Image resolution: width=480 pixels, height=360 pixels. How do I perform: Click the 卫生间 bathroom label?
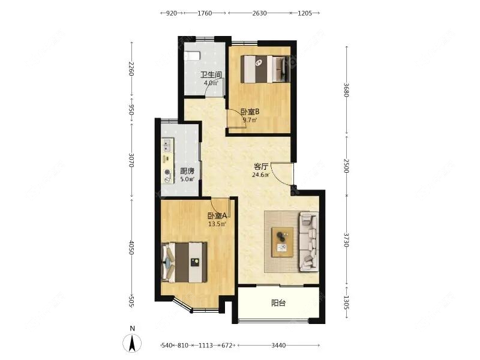pyautogui.click(x=211, y=75)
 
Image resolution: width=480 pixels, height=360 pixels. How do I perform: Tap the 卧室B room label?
pyautogui.click(x=250, y=112)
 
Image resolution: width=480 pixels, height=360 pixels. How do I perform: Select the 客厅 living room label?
pyautogui.click(x=260, y=167)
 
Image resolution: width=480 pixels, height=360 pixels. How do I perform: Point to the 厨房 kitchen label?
pyautogui.click(x=187, y=170)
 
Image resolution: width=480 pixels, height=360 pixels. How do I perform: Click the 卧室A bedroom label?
pyautogui.click(x=217, y=216)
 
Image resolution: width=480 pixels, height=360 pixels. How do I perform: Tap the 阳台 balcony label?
pyautogui.click(x=278, y=303)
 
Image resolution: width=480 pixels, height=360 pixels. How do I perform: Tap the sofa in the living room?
pyautogui.click(x=309, y=239)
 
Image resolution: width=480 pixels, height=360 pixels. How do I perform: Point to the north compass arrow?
pyautogui.click(x=131, y=342)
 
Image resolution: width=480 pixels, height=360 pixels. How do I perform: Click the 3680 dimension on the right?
pyautogui.click(x=346, y=89)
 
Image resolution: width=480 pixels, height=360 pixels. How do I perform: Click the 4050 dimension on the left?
pyautogui.click(x=131, y=247)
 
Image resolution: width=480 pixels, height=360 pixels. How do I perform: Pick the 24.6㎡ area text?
pyautogui.click(x=260, y=175)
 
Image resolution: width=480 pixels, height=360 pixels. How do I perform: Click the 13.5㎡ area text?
pyautogui.click(x=217, y=224)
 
